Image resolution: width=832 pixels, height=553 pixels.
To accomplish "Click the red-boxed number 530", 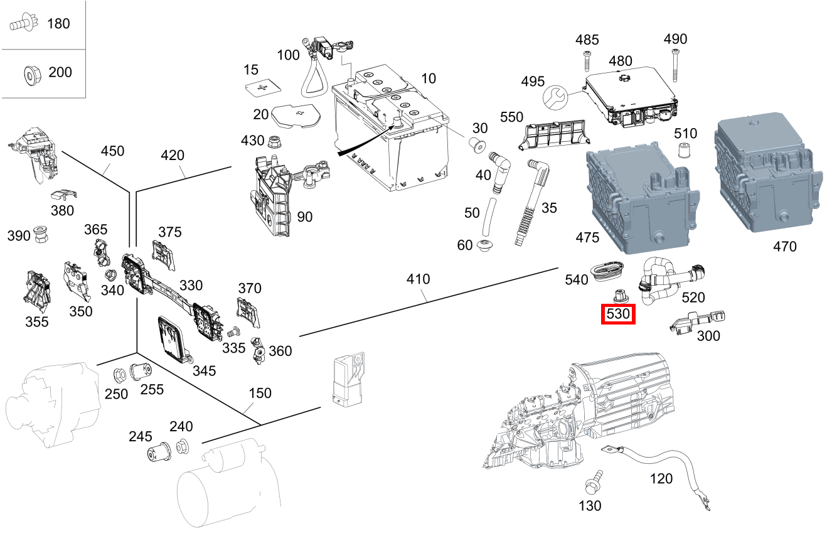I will click(618, 314).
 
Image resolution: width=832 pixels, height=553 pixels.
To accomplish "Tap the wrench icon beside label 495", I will click(555, 97).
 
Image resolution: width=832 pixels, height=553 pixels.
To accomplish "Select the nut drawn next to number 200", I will click(29, 74).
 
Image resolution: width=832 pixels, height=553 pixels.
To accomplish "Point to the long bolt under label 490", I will click(675, 65).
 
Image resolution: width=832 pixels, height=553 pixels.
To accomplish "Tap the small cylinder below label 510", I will click(685, 151).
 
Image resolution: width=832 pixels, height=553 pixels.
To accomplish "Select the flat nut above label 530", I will click(619, 294).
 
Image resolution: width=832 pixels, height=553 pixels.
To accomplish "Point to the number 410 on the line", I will click(418, 279).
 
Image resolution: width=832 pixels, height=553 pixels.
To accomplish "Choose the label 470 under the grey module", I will click(784, 247).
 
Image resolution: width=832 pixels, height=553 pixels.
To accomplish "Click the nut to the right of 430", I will click(274, 142).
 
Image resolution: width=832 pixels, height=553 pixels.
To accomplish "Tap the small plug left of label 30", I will click(477, 146).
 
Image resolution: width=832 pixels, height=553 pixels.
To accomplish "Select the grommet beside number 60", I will click(485, 246).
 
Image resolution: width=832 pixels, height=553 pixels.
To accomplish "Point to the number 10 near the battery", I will click(428, 78).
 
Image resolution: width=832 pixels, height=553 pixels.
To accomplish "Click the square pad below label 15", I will click(262, 89).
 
